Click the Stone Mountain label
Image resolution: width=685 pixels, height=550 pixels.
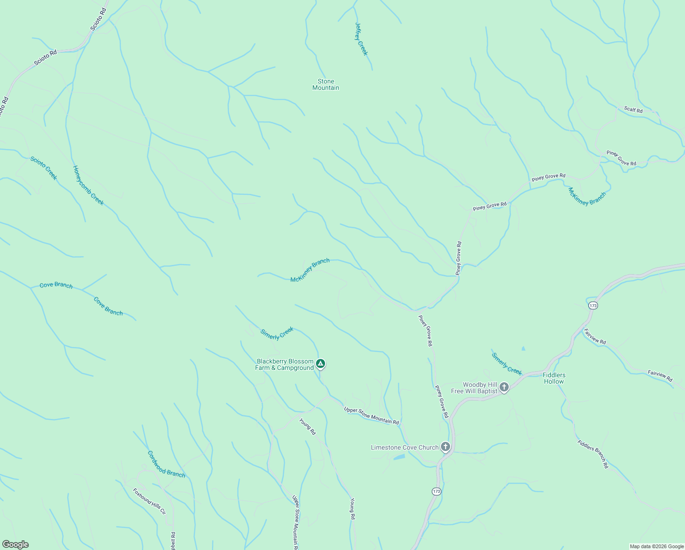[x=326, y=85]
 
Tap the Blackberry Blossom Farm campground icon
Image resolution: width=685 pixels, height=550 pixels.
[x=321, y=364]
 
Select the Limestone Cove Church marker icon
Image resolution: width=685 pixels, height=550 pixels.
[x=445, y=447]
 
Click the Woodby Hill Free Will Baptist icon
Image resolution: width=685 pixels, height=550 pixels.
[x=504, y=387]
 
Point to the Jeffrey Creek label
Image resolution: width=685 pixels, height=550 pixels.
[x=361, y=39]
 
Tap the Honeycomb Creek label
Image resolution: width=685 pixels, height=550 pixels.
[x=88, y=185]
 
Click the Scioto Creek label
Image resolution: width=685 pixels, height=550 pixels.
[x=44, y=168]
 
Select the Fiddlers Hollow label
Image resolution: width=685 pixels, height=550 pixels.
[x=554, y=378]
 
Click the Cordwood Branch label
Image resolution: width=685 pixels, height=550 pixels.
[x=166, y=464]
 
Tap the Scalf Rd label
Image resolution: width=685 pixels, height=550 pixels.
[x=633, y=110]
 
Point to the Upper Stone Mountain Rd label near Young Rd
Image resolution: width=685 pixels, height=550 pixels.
[x=371, y=415]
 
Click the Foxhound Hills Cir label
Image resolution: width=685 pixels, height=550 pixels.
[x=149, y=501]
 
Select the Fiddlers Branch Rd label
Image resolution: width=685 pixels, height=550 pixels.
[x=593, y=454]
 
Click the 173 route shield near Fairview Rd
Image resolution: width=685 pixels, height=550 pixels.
[x=593, y=305]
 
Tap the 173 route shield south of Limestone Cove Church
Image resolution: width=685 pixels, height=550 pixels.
[x=436, y=491]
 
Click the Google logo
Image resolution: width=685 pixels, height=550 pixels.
[x=15, y=544]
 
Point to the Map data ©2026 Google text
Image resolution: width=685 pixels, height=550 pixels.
[x=657, y=546]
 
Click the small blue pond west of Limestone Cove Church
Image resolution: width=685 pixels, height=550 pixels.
[x=399, y=457]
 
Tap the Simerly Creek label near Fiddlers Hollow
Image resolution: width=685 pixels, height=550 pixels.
[x=506, y=363]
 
